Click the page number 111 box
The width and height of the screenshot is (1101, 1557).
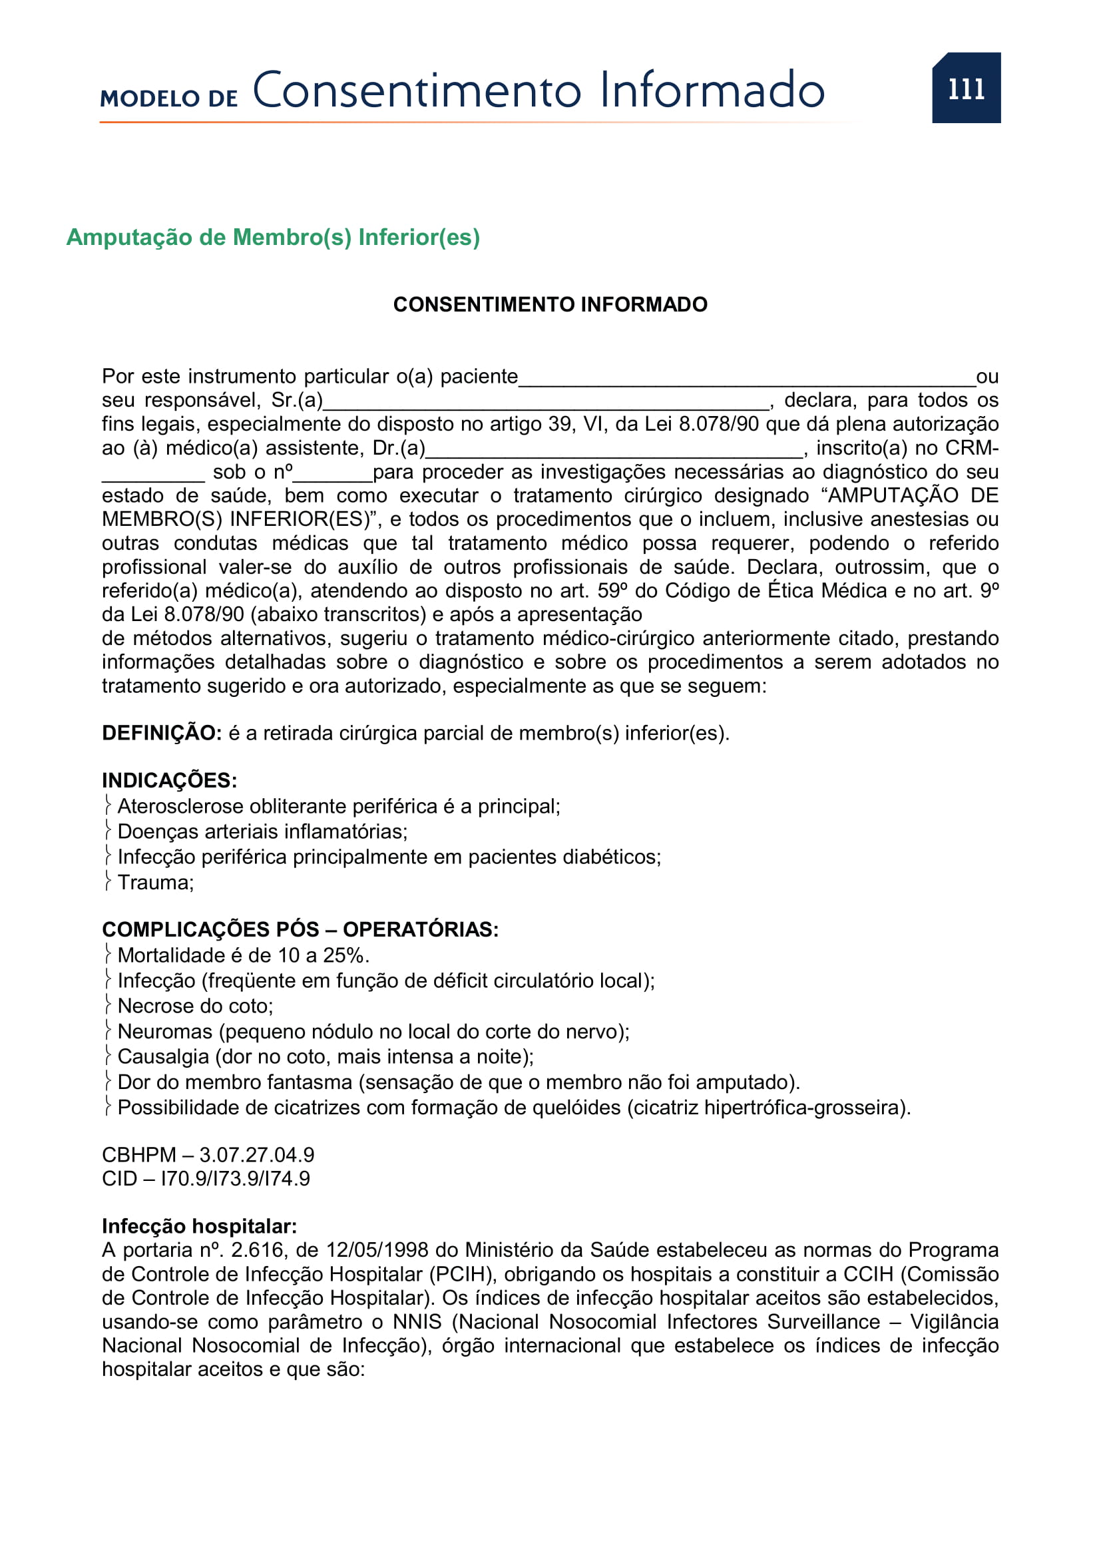pyautogui.click(x=965, y=88)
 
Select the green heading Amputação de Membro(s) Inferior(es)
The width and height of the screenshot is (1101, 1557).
pyautogui.click(x=272, y=238)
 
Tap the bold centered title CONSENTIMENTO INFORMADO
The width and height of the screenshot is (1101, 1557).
pyautogui.click(x=550, y=304)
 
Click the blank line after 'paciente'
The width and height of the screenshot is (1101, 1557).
pyautogui.click(x=746, y=379)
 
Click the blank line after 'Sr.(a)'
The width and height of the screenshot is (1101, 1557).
pyautogui.click(x=546, y=404)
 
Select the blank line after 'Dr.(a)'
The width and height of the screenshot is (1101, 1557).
pyautogui.click(x=614, y=451)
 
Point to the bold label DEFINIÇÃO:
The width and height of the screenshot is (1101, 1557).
pyautogui.click(x=161, y=733)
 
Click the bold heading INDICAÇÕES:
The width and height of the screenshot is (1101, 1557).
pyautogui.click(x=170, y=781)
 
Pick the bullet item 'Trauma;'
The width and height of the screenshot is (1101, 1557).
pyautogui.click(x=155, y=882)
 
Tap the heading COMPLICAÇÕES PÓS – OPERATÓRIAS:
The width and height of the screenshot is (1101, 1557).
pyautogui.click(x=300, y=929)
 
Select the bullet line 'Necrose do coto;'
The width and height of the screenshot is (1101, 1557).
pyautogui.click(x=194, y=1006)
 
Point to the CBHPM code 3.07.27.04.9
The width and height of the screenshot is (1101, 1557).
pyautogui.click(x=256, y=1155)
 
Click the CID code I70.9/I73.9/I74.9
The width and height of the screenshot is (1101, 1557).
pyautogui.click(x=234, y=1179)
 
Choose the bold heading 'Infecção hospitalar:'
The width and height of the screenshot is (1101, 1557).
pyautogui.click(x=199, y=1226)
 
